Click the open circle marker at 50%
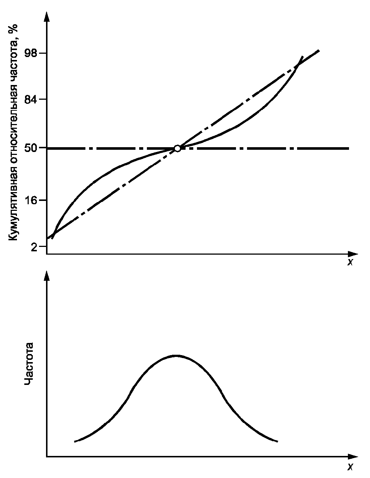pyautogui.click(x=177, y=148)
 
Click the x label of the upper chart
pyautogui.click(x=350, y=262)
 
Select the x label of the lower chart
pyautogui.click(x=350, y=467)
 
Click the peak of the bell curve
pyautogui.click(x=176, y=355)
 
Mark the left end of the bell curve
pyautogui.click(x=75, y=441)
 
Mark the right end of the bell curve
pyautogui.click(x=276, y=441)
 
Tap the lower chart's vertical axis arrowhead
pyautogui.click(x=47, y=275)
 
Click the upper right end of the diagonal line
pyautogui.click(x=318, y=50)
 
